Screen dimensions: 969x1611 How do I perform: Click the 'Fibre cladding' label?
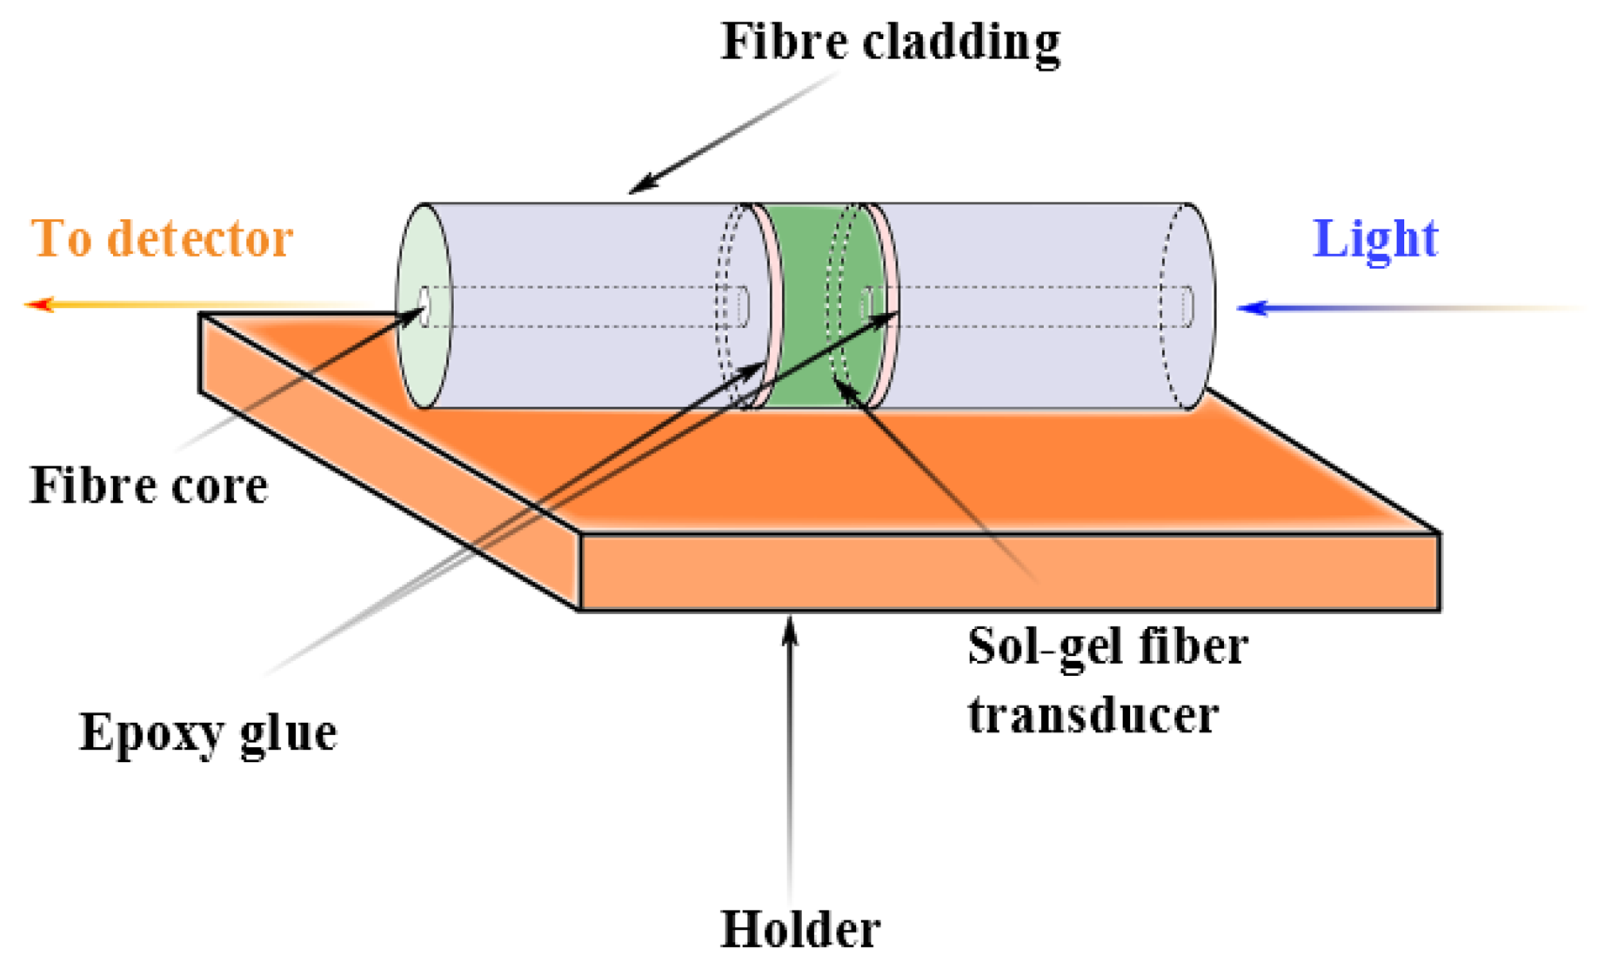pos(890,42)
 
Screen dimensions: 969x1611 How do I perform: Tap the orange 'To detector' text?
pos(162,238)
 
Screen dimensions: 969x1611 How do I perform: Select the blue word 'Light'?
pos(1374,238)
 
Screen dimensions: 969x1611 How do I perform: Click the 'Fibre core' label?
pos(149,485)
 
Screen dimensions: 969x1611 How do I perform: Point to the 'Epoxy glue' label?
pos(208,732)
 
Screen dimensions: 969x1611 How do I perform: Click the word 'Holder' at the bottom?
pos(800,929)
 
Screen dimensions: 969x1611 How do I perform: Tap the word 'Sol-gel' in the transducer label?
pos(1032,647)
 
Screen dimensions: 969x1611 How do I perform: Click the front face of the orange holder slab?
pos(1009,572)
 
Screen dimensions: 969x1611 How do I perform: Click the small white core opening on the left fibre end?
pos(424,306)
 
